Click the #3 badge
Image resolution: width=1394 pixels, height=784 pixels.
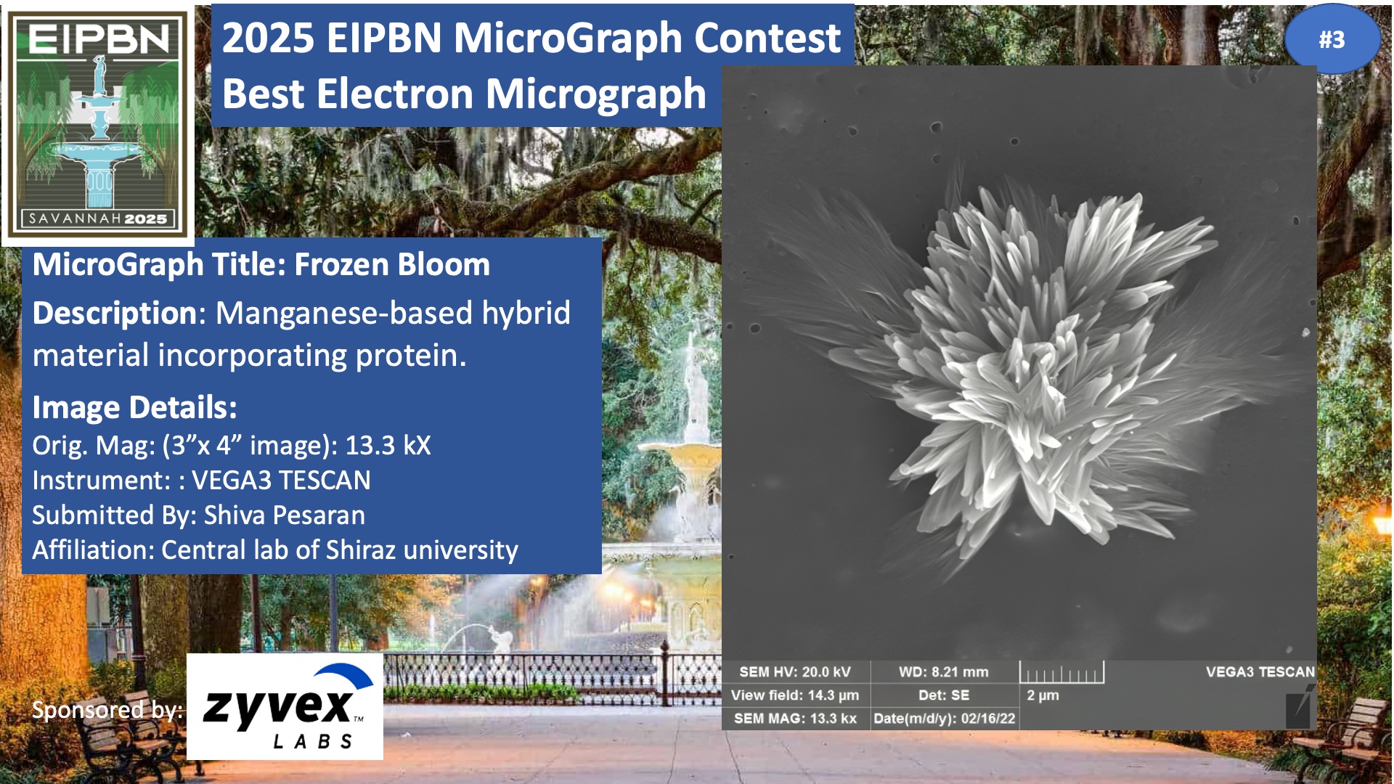pyautogui.click(x=1332, y=39)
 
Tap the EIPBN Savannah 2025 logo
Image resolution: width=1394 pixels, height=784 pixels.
pyautogui.click(x=98, y=124)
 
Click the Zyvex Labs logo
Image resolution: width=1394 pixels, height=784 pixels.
pyautogui.click(x=285, y=706)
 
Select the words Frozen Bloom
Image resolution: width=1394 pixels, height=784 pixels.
pyautogui.click(x=392, y=264)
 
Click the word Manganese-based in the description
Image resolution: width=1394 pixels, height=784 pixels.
pyautogui.click(x=344, y=313)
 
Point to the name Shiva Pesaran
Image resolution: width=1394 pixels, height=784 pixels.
pyautogui.click(x=285, y=515)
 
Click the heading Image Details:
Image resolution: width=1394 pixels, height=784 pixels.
pyautogui.click(x=134, y=407)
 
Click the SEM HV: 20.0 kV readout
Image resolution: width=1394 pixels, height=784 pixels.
pyautogui.click(x=795, y=672)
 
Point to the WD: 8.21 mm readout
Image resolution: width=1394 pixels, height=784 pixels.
pyautogui.click(x=943, y=672)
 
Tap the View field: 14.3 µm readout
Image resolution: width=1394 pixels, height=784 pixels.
pyautogui.click(x=795, y=695)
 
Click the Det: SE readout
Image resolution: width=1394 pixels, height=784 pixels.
pyautogui.click(x=943, y=695)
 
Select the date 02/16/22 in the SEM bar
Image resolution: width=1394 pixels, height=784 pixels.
pyautogui.click(x=988, y=719)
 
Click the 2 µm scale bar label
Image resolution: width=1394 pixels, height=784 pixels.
pyautogui.click(x=1043, y=695)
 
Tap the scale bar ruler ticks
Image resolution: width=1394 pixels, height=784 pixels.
pyautogui.click(x=1061, y=673)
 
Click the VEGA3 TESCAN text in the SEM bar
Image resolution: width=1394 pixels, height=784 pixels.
pyautogui.click(x=1260, y=672)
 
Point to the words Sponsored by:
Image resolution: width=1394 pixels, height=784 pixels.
pyautogui.click(x=107, y=709)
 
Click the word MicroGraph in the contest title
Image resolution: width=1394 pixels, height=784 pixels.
pyautogui.click(x=568, y=38)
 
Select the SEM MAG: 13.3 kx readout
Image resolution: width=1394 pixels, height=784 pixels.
pyautogui.click(x=795, y=719)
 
